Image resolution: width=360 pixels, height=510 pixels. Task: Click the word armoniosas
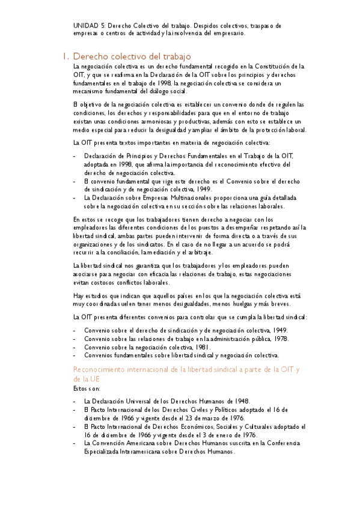coord(149,122)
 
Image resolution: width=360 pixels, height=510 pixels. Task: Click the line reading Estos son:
coord(84,389)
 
